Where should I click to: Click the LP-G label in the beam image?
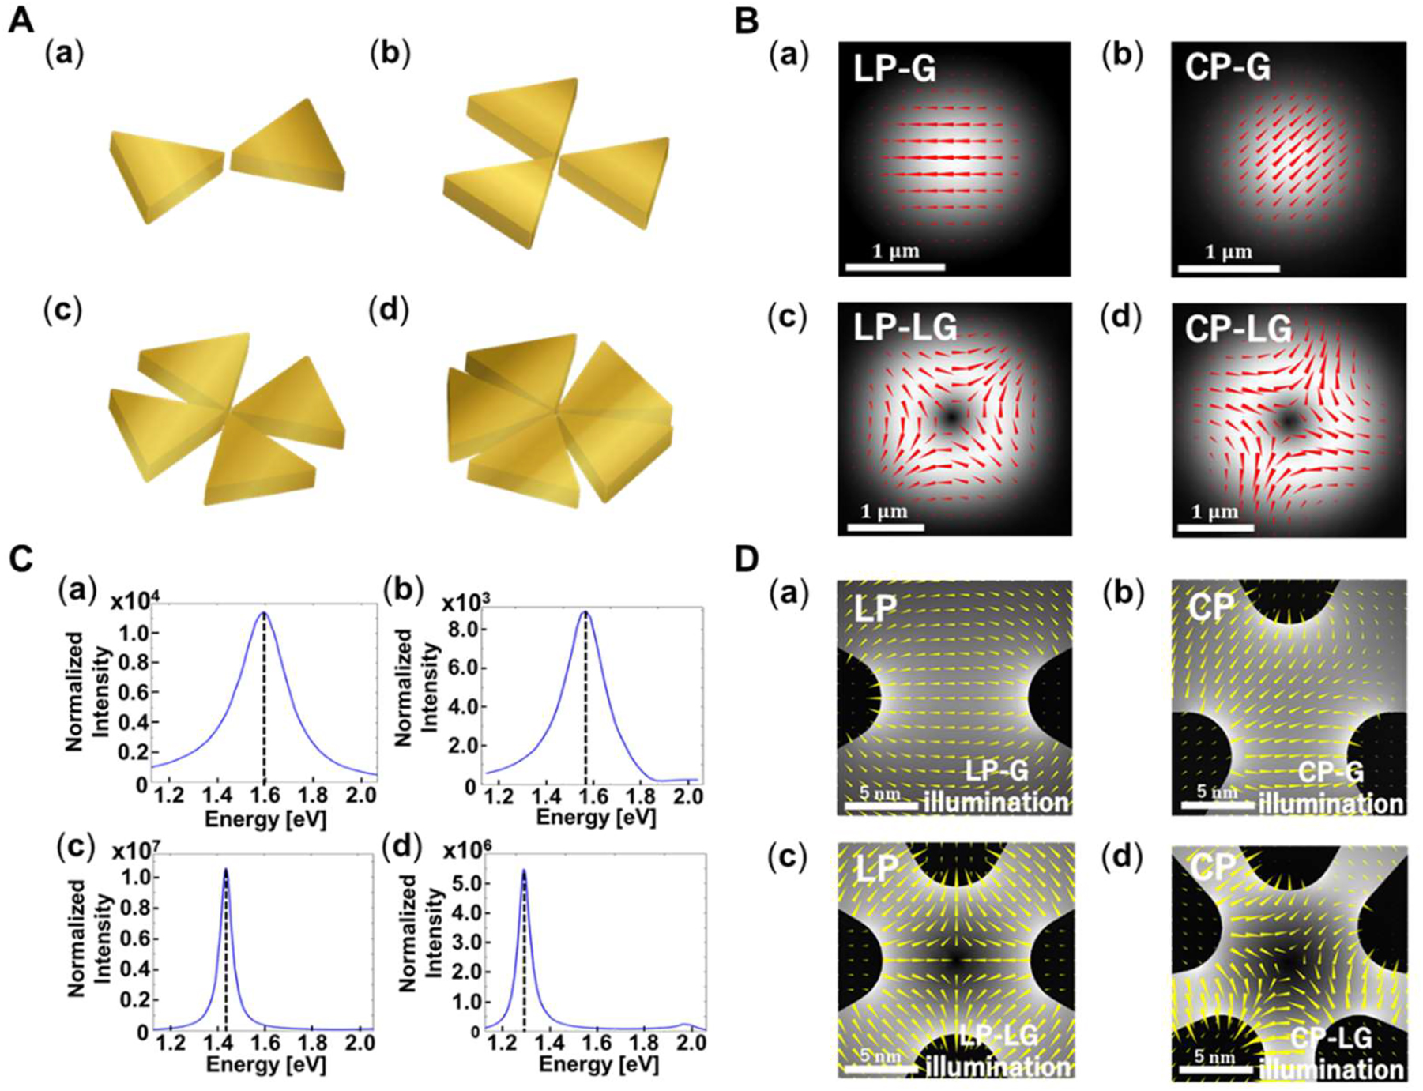(x=894, y=70)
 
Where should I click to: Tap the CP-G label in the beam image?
(x=1227, y=70)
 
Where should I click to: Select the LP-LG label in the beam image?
(x=905, y=328)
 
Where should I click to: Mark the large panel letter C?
(x=21, y=559)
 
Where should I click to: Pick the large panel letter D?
(x=747, y=559)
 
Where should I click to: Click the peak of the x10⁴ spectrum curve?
(x=264, y=612)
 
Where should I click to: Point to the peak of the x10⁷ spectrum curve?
(x=226, y=869)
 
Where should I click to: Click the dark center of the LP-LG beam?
(x=951, y=416)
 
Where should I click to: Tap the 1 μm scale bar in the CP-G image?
(x=1229, y=269)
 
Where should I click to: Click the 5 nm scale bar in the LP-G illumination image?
(x=878, y=806)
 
